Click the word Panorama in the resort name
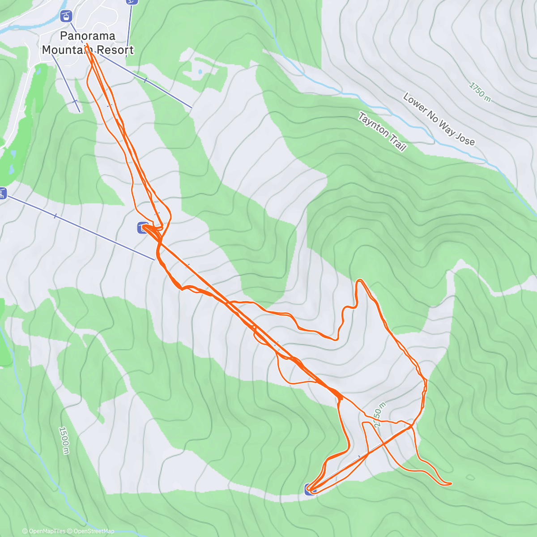click(87, 36)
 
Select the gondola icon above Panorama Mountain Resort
click(66, 17)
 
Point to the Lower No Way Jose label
click(439, 119)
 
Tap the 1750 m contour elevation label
click(480, 92)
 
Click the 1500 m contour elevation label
click(64, 440)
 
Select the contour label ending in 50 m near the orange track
click(379, 414)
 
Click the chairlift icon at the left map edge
click(3, 194)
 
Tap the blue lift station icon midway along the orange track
click(143, 228)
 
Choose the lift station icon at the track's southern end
click(310, 490)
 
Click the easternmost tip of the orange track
click(451, 483)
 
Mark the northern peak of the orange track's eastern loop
click(359, 281)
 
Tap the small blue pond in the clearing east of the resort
click(200, 71)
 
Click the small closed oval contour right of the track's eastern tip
click(470, 477)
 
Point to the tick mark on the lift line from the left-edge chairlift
click(55, 216)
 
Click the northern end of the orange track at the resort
click(86, 47)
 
